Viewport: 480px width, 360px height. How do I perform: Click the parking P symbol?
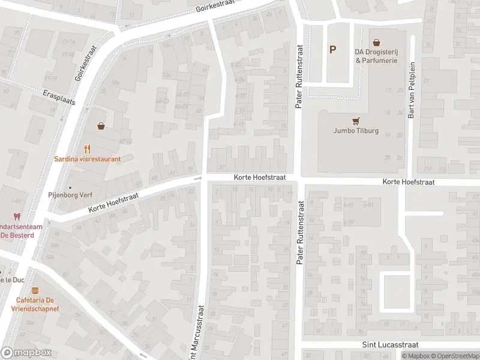coord(332,50)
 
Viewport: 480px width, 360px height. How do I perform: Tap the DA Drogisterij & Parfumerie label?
coord(376,56)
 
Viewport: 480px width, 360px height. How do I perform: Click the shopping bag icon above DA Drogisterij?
coord(376,43)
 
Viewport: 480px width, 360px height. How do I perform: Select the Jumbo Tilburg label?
coord(356,131)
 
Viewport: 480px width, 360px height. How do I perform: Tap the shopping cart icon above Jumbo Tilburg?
coord(356,119)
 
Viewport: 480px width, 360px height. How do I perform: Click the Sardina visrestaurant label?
coord(88,159)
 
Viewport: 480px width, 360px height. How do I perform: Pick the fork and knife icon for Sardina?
coord(88,148)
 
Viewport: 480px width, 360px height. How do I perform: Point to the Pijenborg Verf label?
coord(70,195)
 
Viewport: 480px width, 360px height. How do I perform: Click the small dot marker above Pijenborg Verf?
coord(70,187)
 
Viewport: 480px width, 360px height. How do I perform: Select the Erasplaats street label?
coord(60,98)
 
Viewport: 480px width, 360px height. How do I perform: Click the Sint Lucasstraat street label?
coord(390,345)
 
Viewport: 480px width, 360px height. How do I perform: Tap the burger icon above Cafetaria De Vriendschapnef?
coord(35,290)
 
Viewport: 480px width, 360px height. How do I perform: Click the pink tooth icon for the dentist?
coord(17,217)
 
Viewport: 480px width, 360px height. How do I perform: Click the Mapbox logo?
coord(26,353)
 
